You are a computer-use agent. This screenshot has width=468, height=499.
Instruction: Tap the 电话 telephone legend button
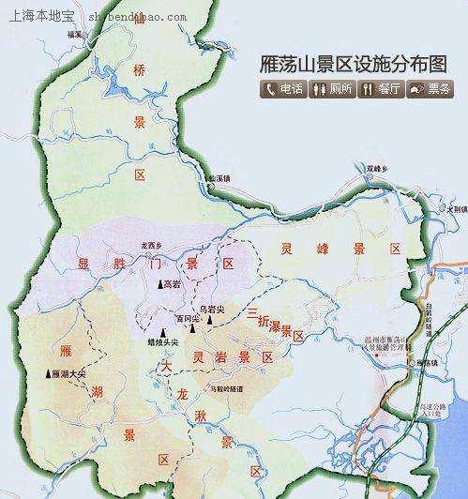[285, 90]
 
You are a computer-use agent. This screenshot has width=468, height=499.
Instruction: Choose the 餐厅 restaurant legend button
[382, 90]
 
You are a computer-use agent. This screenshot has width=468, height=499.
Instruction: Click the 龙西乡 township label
[153, 245]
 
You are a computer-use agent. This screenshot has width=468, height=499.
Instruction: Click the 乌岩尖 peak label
[212, 306]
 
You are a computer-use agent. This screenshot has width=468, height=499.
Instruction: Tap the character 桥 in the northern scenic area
[141, 71]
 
